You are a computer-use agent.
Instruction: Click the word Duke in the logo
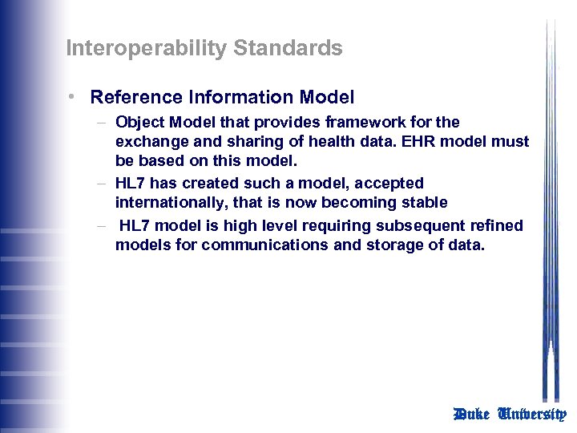[x=472, y=414]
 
